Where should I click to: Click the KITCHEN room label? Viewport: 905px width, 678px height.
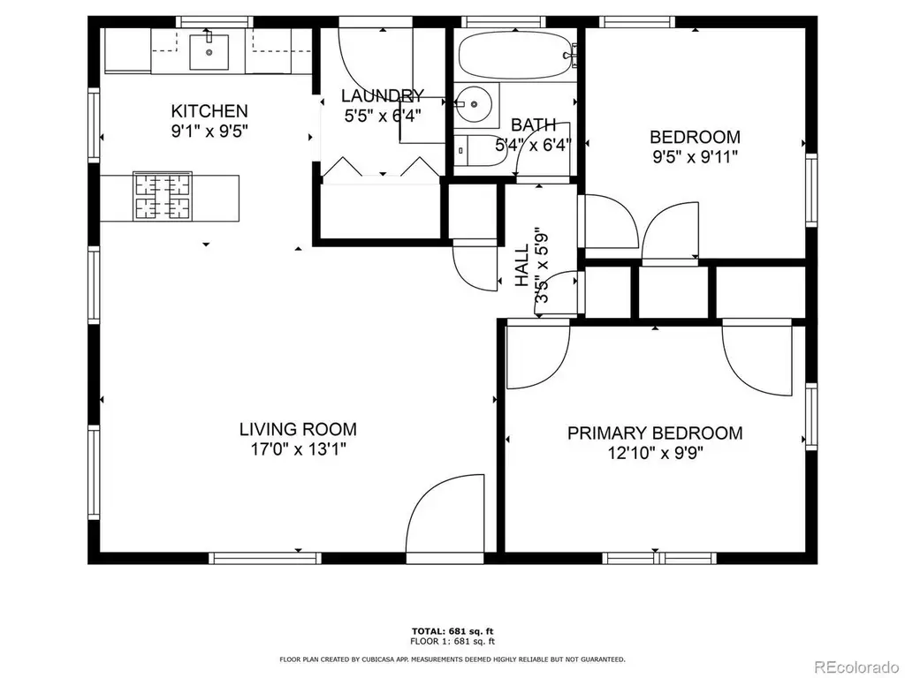pyautogui.click(x=209, y=110)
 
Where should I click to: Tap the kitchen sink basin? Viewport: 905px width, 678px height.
pyautogui.click(x=209, y=52)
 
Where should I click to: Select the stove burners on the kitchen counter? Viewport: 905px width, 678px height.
pyautogui.click(x=163, y=196)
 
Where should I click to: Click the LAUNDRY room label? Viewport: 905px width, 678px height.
pyautogui.click(x=382, y=95)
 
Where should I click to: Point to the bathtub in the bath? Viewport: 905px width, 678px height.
pyautogui.click(x=515, y=56)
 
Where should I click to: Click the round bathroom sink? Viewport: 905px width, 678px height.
pyautogui.click(x=473, y=104)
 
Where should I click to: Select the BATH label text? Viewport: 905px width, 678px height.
pyautogui.click(x=533, y=124)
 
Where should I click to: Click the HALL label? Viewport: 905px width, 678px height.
pyautogui.click(x=521, y=265)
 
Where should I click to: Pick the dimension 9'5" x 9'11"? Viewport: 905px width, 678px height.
pyautogui.click(x=695, y=157)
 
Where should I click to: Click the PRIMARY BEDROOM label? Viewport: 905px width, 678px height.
pyautogui.click(x=655, y=433)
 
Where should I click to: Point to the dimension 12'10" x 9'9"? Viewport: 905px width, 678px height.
pyautogui.click(x=655, y=453)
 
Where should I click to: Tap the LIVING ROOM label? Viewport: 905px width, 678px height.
pyautogui.click(x=298, y=429)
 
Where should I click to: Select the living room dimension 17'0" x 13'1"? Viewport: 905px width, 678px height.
pyautogui.click(x=298, y=448)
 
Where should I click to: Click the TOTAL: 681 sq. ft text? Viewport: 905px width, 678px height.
pyautogui.click(x=452, y=631)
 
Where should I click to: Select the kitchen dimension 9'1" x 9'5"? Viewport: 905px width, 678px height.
pyautogui.click(x=209, y=131)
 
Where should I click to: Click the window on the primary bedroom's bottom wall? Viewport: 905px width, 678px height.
pyautogui.click(x=659, y=558)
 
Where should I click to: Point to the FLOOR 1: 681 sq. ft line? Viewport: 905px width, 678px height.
pyautogui.click(x=452, y=641)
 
